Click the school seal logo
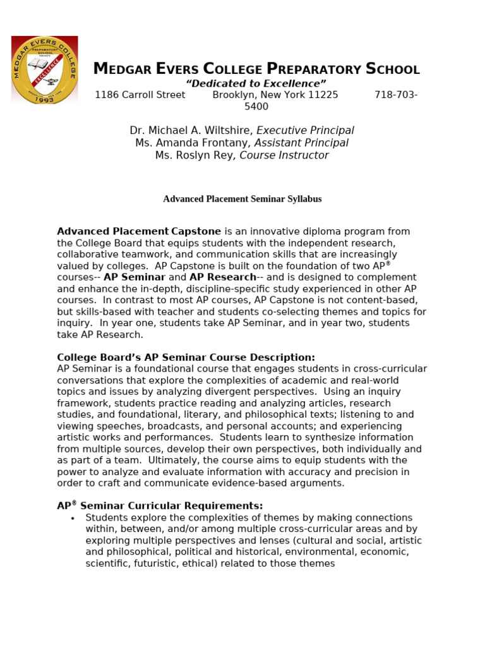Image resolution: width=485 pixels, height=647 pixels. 44,70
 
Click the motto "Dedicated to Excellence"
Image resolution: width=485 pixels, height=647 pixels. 256,83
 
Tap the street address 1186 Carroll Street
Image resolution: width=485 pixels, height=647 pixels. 140,95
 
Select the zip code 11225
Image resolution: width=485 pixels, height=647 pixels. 323,95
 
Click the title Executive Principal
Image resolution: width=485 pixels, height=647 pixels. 305,131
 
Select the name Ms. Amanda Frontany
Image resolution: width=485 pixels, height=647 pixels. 191,143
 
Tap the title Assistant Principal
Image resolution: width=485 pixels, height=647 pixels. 301,143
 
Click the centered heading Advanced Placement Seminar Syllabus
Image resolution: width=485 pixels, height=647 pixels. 242,199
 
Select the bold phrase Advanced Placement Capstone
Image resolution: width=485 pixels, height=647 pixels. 139,232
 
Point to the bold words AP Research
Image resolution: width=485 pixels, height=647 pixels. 222,277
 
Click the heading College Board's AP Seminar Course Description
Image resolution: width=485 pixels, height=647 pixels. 186,358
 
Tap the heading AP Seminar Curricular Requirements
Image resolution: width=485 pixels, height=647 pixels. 160,506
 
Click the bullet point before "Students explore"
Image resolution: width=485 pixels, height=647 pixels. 73,518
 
